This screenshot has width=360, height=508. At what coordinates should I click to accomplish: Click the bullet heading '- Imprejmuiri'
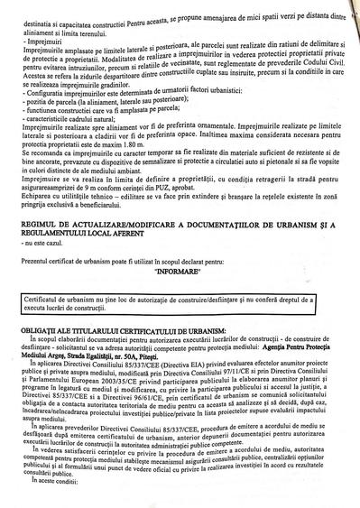pos(41,42)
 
